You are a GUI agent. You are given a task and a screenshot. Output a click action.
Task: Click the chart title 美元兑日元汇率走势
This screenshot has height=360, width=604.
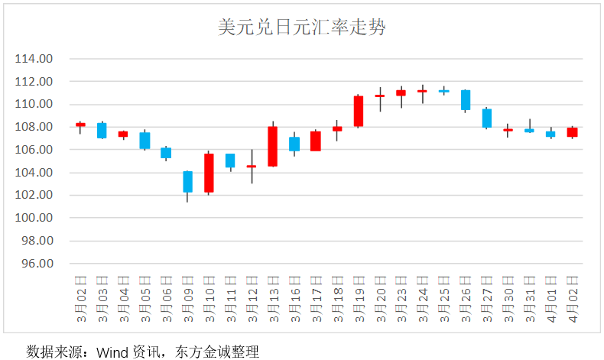point(301,28)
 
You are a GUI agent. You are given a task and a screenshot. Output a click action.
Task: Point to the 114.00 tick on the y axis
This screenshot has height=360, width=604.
point(35,59)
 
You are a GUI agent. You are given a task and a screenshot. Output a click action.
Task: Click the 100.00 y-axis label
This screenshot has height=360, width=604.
point(35,219)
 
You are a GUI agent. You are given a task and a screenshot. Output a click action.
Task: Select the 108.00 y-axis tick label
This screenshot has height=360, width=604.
point(35,127)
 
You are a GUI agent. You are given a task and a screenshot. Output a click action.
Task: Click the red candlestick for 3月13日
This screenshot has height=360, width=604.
point(272,146)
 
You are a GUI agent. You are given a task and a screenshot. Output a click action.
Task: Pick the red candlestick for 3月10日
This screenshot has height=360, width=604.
point(209,173)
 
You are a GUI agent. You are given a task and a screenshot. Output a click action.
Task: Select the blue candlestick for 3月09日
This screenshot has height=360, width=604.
point(187,182)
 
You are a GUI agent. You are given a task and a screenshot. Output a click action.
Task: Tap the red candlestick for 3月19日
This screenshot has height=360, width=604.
point(358,111)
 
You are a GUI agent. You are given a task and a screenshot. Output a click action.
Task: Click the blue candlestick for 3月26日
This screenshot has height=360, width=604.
point(465,100)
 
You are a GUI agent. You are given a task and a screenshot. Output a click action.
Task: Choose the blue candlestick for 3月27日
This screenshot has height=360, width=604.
point(486,118)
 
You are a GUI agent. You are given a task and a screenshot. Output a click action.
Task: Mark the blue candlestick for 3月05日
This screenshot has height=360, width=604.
point(145,141)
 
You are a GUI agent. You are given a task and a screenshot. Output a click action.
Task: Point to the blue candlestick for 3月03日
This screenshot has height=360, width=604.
point(102,130)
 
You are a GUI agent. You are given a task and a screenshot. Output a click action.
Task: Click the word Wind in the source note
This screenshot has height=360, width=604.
point(111,352)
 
